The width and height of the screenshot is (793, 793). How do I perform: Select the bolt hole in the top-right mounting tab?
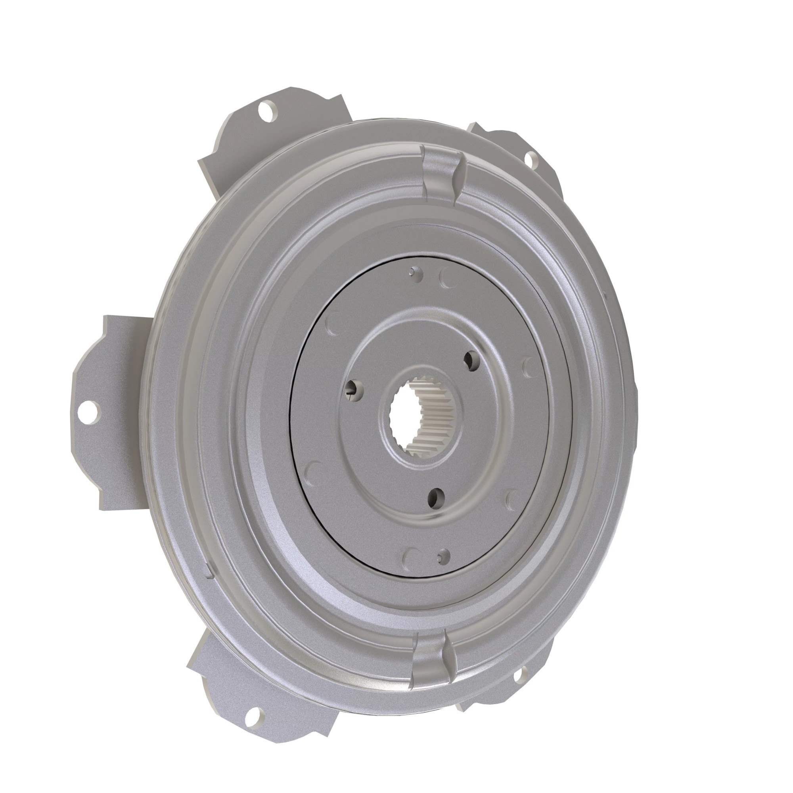pyautogui.click(x=530, y=157)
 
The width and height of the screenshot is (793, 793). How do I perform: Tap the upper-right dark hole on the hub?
pyautogui.click(x=471, y=360)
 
